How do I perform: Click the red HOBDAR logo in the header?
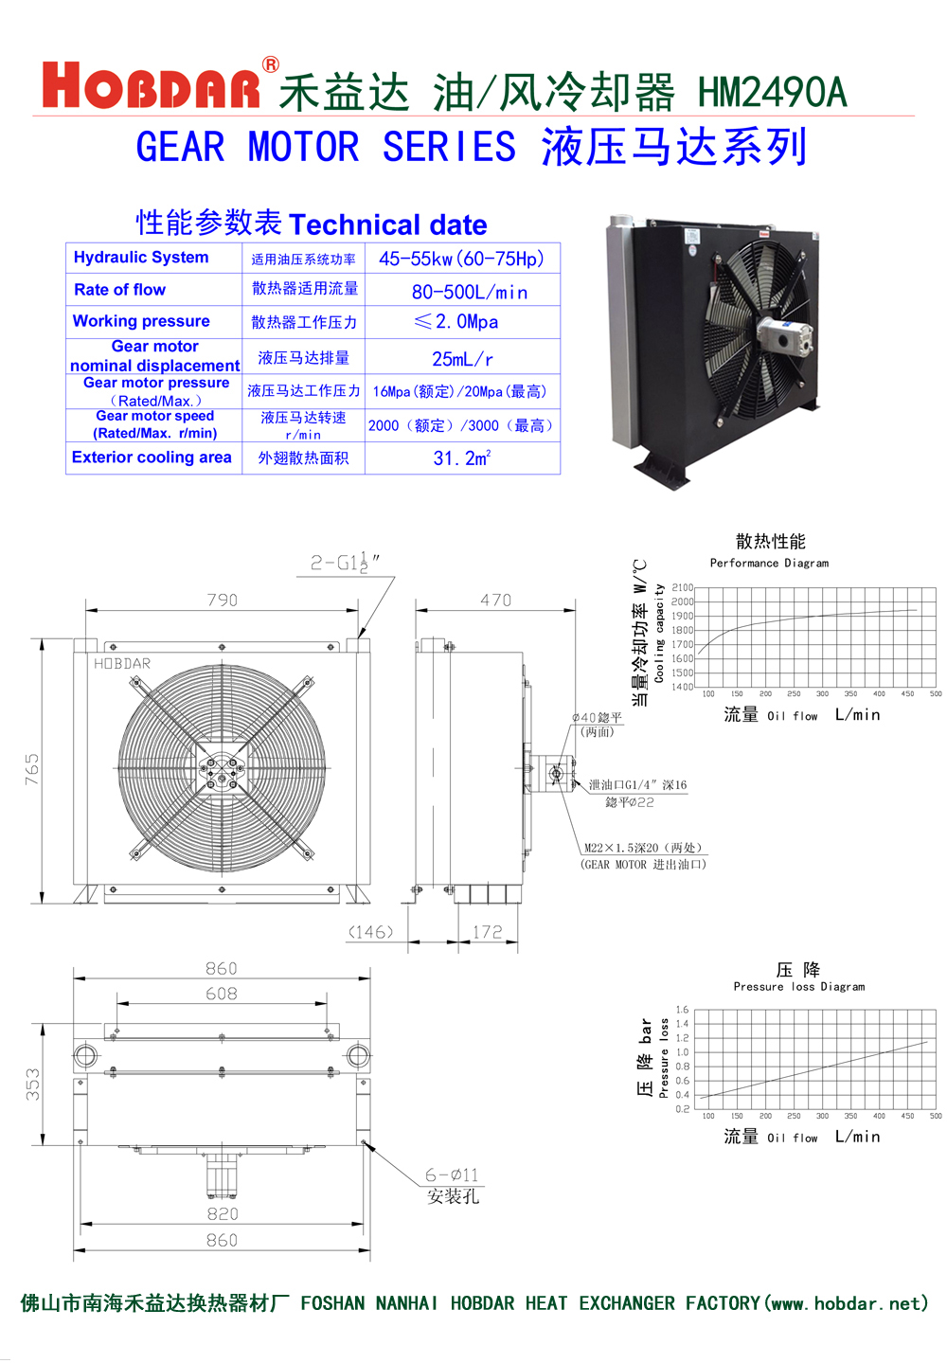(x=152, y=87)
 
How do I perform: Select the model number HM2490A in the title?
(x=772, y=93)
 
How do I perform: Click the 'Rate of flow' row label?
(x=119, y=290)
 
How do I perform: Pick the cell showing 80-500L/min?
(x=469, y=292)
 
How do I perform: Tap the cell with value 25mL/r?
(x=462, y=359)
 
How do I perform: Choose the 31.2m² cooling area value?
(x=462, y=458)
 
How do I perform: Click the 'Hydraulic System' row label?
(x=141, y=258)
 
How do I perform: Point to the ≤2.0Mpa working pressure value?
(x=456, y=322)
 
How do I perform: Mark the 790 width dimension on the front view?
(x=223, y=600)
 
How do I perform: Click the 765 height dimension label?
(x=32, y=769)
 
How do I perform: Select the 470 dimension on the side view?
(x=495, y=600)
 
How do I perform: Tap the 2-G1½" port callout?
(x=346, y=563)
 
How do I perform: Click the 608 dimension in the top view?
(x=222, y=994)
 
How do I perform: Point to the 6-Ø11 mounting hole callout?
(x=452, y=1175)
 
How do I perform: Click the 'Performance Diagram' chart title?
(x=769, y=563)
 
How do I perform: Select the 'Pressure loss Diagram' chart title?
(x=798, y=986)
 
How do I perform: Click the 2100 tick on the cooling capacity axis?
(x=682, y=587)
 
